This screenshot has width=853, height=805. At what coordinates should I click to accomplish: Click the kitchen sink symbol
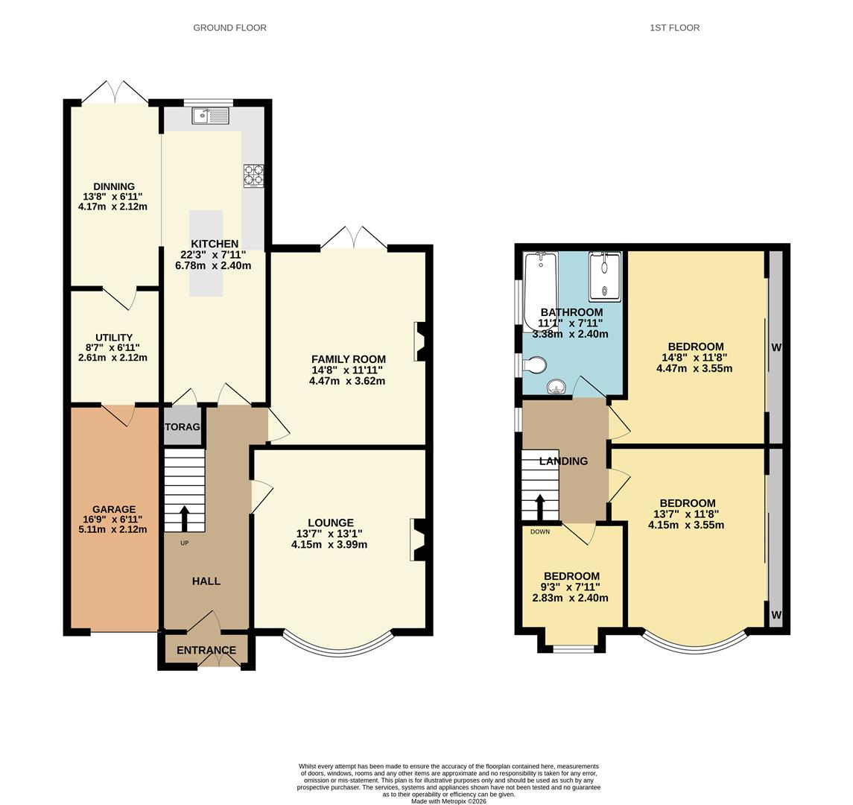210,116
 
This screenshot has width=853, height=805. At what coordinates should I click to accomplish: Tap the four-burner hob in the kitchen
253,175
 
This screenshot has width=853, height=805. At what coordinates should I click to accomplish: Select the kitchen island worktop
206,253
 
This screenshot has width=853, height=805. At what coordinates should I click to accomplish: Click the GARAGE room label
114,509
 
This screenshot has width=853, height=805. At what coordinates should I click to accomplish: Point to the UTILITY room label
114,338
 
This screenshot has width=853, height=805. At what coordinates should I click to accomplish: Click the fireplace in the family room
420,341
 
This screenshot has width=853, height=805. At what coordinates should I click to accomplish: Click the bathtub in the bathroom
541,287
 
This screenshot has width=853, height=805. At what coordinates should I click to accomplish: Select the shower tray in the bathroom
604,276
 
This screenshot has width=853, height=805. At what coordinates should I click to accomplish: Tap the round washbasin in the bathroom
556,387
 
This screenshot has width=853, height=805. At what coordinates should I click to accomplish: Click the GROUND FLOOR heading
229,28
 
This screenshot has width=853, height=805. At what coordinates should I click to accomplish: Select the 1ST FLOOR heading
674,28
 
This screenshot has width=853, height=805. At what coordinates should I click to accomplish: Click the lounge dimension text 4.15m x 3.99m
329,545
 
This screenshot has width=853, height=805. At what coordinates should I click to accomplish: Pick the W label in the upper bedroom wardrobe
776,347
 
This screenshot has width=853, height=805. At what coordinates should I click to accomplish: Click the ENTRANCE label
206,651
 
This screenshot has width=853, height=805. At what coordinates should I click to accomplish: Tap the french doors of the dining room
115,93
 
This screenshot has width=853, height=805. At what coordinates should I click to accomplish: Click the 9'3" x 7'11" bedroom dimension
571,587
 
